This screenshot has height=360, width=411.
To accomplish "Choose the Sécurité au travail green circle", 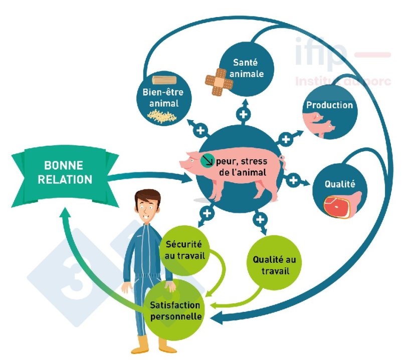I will point(183,249).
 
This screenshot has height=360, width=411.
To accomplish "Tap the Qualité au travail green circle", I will point(271,263).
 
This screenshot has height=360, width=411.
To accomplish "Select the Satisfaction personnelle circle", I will point(175,309).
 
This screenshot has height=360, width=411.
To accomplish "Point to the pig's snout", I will point(183,164).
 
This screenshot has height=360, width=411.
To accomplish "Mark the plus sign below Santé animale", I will point(244,115).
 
